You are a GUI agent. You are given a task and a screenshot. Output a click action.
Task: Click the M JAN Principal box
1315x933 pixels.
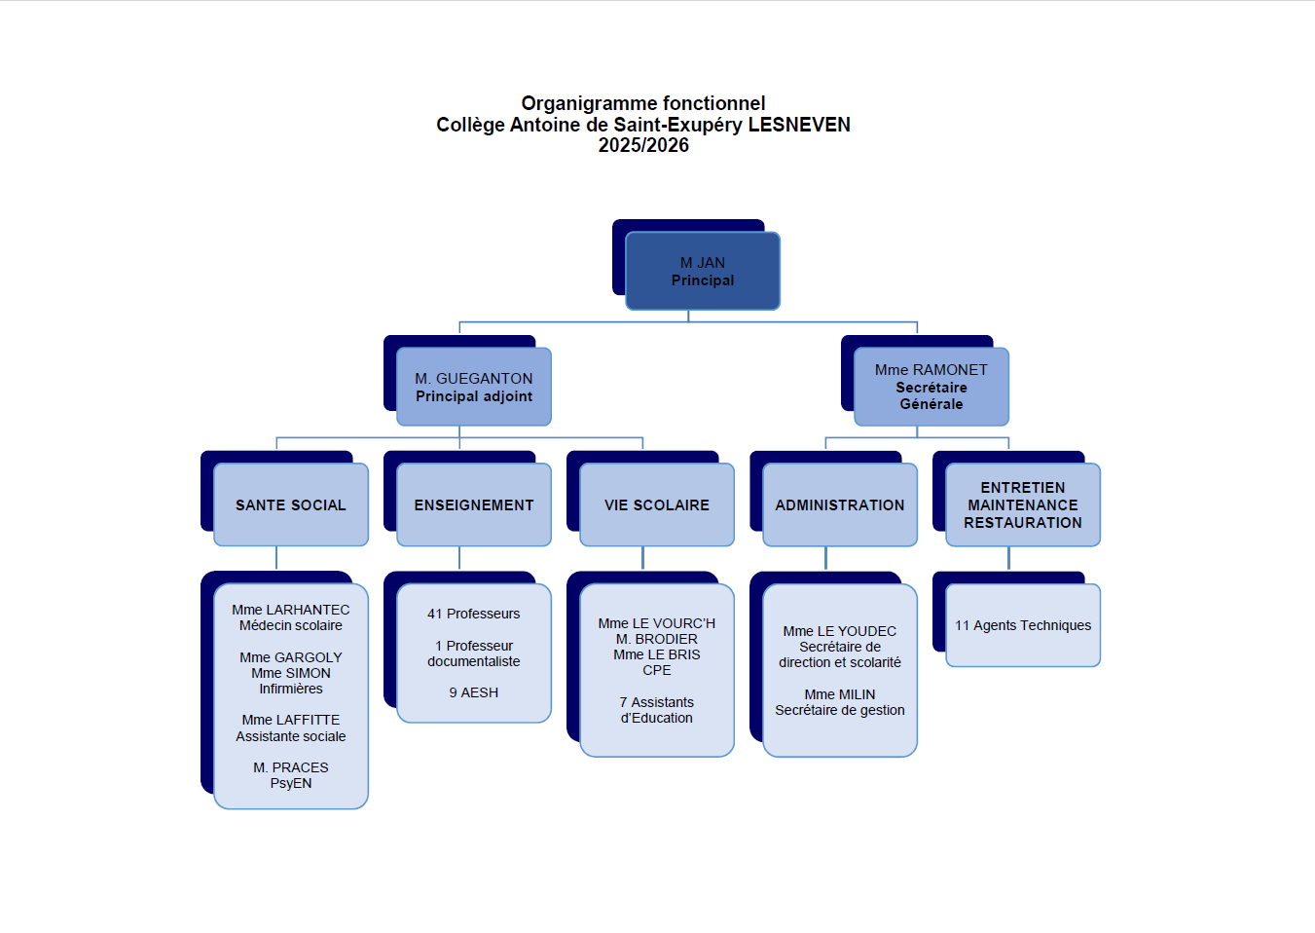coord(702,271)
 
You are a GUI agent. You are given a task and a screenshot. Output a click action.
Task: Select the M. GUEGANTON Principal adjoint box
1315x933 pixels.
coord(474,387)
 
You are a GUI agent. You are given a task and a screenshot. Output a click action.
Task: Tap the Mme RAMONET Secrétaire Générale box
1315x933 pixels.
coord(931,387)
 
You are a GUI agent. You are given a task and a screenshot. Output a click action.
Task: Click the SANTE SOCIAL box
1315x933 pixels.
coord(291,504)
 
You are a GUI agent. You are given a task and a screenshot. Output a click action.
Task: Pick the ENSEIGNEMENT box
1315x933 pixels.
coord(474,504)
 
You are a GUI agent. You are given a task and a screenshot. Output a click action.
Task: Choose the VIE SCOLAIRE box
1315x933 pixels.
coord(657,504)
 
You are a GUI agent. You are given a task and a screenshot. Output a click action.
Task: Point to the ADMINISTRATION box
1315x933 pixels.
coord(840,504)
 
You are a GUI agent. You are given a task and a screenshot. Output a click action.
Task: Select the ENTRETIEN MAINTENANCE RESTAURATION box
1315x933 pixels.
coord(1023,504)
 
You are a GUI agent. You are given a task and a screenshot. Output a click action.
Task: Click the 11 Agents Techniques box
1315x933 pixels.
coord(1023,625)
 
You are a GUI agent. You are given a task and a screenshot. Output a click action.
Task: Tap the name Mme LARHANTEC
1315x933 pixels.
coord(291,610)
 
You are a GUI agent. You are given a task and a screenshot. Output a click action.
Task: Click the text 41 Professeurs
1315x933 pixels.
coord(474,614)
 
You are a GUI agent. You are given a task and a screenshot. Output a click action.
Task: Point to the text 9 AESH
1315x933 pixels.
coord(474,692)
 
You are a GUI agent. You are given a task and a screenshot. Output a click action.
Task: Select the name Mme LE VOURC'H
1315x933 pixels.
coord(657,623)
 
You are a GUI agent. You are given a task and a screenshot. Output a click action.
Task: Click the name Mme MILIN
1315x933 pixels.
coord(840,694)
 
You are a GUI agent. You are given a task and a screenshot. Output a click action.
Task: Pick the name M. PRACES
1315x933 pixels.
coord(291,767)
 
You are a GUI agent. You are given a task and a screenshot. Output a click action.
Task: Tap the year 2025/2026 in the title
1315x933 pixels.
coord(643,145)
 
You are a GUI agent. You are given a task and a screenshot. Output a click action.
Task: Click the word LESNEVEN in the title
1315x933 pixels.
coord(799,125)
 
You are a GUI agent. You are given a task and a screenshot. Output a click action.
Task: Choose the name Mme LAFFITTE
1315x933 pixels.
coord(291,720)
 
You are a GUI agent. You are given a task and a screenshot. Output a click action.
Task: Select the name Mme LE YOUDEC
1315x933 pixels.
coord(840,631)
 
